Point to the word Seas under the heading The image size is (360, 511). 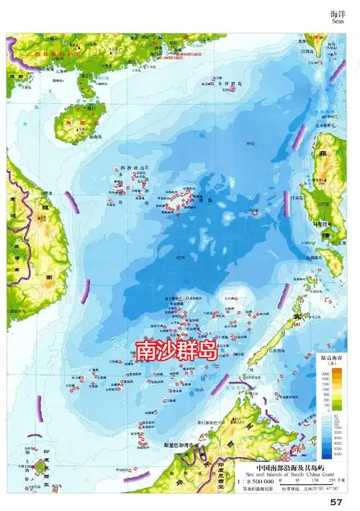point(340,22)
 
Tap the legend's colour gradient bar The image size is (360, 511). point(335,411)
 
